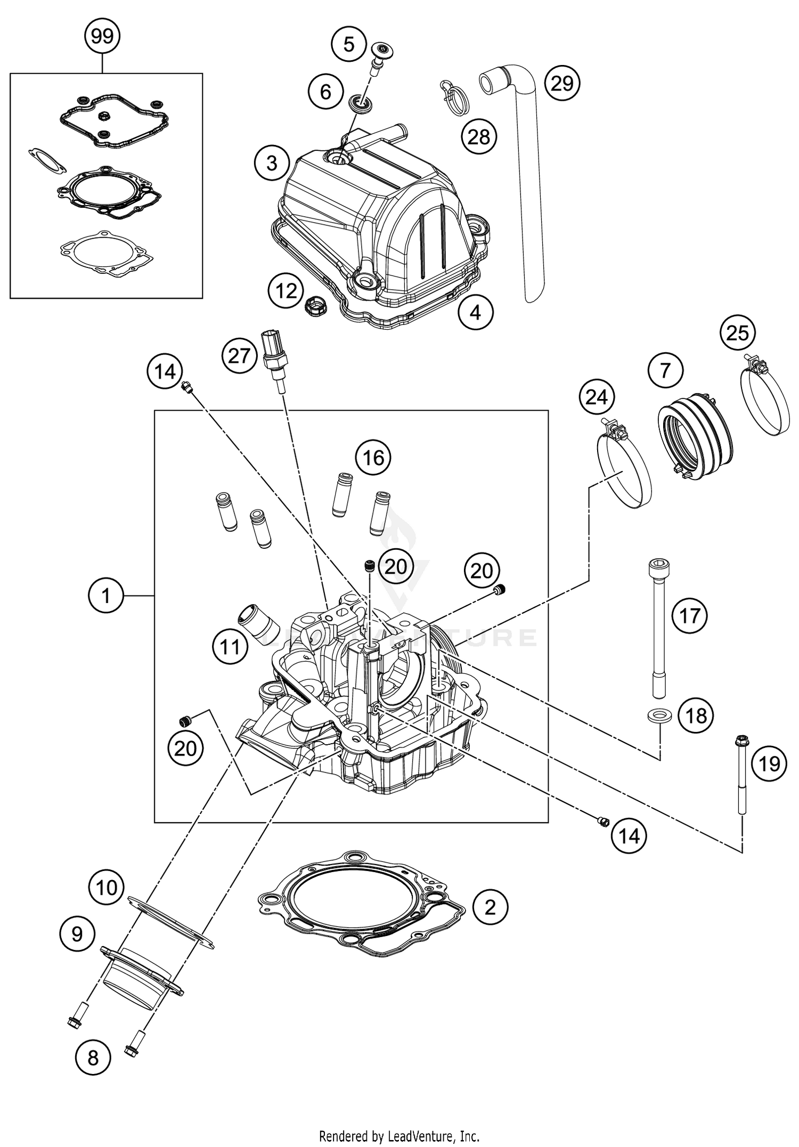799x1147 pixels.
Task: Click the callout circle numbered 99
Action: pyautogui.click(x=102, y=36)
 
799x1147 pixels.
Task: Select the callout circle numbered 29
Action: pyautogui.click(x=562, y=84)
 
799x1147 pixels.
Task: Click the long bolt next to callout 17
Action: pyautogui.click(x=658, y=629)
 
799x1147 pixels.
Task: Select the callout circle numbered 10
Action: pyautogui.click(x=106, y=888)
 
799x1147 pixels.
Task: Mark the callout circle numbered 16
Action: pyautogui.click(x=373, y=457)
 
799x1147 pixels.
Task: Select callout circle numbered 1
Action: pyautogui.click(x=106, y=595)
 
